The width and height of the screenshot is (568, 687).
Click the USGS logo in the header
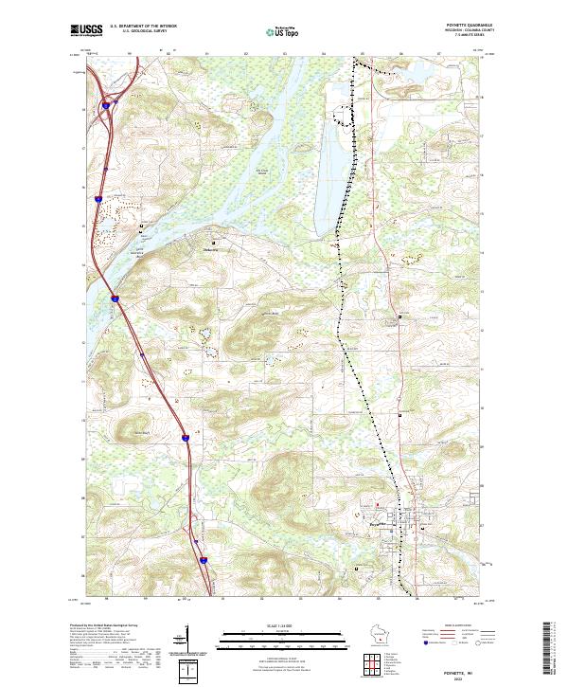point(86,31)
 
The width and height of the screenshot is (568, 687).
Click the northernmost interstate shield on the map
point(106,105)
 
